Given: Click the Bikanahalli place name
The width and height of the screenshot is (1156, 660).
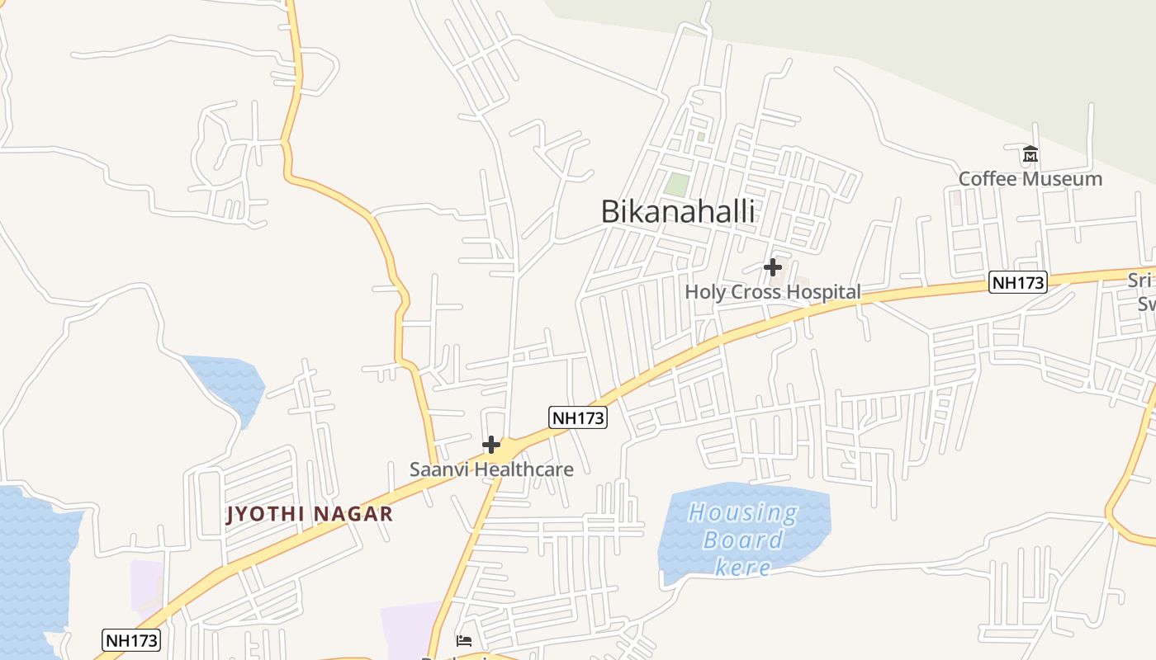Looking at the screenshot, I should pos(677,211).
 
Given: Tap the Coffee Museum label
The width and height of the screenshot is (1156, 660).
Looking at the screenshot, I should pos(1030,179).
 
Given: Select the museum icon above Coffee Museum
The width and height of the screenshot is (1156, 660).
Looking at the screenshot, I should pos(1030,154).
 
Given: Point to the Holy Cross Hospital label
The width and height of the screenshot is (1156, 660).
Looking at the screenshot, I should pos(772,292).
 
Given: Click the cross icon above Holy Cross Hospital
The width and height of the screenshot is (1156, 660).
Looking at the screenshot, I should pos(772,267).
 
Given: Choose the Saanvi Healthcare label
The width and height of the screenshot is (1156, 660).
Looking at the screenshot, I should pos(491,469).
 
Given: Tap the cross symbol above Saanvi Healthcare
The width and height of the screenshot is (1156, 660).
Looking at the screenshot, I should pos(491,445).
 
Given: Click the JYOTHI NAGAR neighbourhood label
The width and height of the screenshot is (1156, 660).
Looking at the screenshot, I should pos(310,515).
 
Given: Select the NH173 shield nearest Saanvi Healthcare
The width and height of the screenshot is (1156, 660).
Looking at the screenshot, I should pos(578,418).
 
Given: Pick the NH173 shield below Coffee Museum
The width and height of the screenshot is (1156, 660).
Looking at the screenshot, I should pos(1018,283).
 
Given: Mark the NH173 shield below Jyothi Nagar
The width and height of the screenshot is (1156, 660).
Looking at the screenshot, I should pos(131,640).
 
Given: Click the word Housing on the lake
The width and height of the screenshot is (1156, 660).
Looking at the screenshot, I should pos(742,513).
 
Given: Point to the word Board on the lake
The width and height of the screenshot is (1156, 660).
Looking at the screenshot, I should pos(742,540).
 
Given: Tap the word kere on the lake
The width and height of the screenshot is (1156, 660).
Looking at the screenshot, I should pos(742,567).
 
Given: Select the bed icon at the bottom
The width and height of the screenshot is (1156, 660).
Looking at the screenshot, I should pos(464,640).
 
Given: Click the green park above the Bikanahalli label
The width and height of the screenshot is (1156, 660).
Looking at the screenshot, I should pos(677,185).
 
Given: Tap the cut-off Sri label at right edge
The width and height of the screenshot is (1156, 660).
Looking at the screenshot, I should pos(1141,280).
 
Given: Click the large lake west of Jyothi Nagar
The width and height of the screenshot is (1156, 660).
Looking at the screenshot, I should pos(33,569).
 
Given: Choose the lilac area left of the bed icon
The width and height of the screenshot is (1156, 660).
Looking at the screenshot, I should pos(409,631).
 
